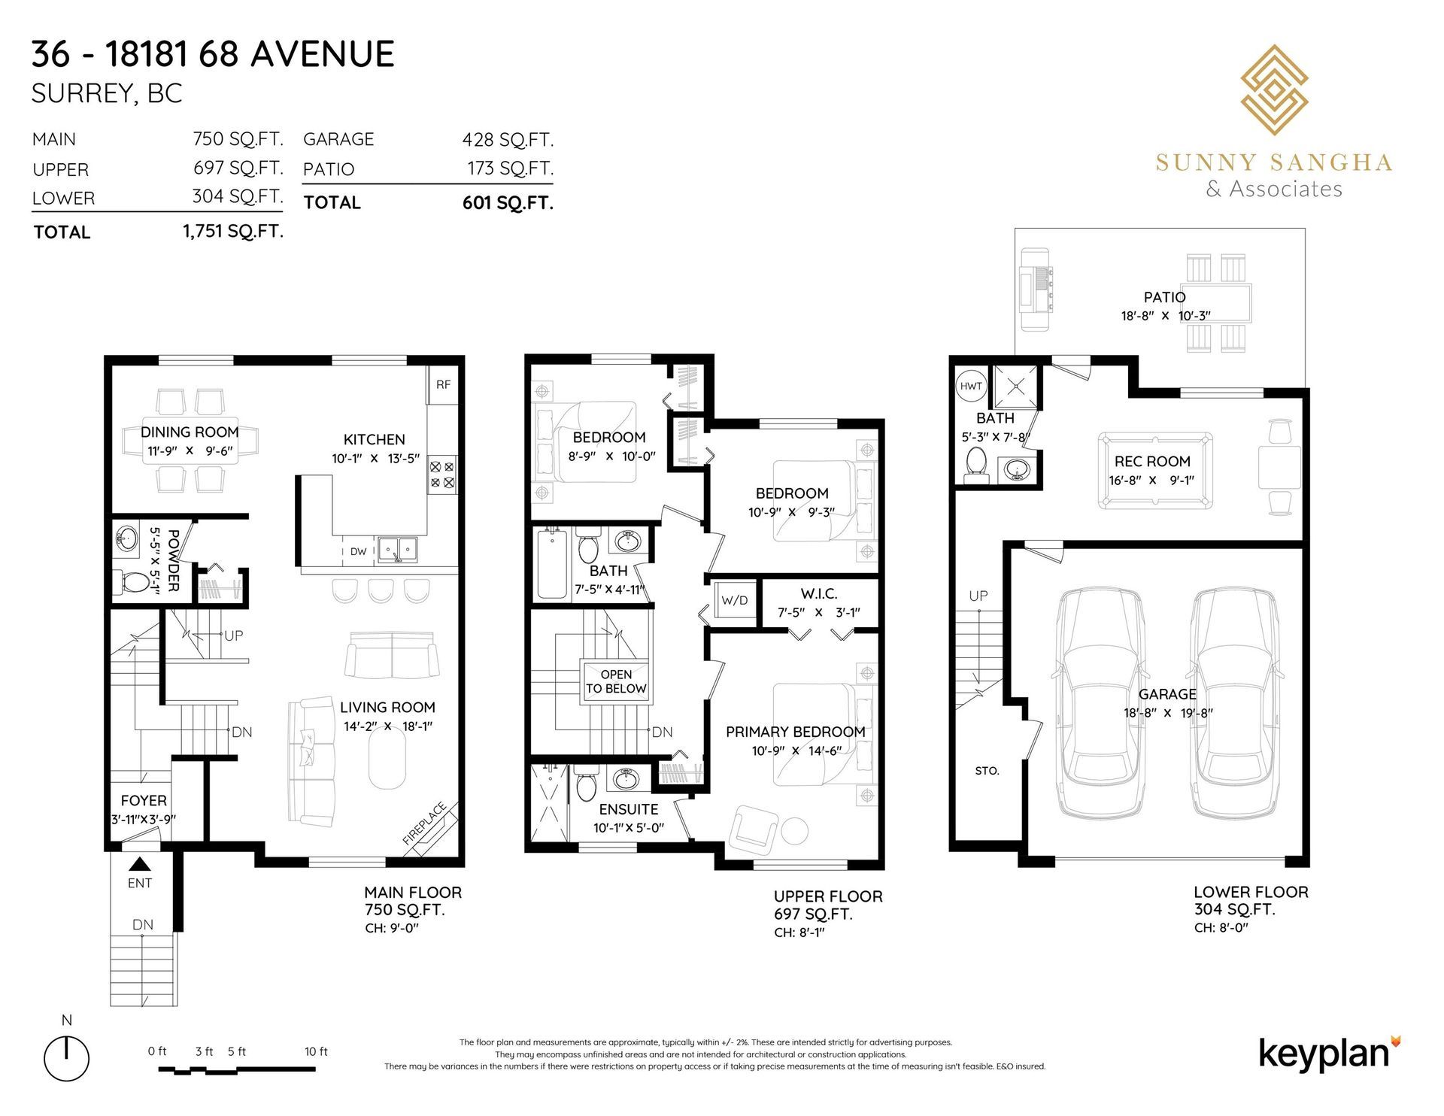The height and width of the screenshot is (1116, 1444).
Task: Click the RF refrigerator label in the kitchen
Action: point(443,384)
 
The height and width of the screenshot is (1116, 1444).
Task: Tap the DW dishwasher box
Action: point(359,551)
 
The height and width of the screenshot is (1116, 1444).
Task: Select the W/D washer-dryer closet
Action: point(735,600)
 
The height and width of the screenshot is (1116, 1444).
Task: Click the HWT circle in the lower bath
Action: point(971,386)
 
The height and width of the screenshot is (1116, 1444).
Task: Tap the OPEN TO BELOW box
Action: point(616,681)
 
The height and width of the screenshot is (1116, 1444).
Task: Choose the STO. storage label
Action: point(987,771)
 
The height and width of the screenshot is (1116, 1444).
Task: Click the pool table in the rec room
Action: point(1154,470)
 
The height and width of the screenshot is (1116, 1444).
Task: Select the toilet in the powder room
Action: point(133,582)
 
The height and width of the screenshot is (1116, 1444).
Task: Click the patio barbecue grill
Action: point(1035,289)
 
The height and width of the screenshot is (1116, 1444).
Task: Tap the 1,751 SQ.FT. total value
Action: point(233,231)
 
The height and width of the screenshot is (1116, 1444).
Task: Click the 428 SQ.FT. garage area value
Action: point(508,139)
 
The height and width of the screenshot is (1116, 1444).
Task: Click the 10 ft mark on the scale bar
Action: point(316,1051)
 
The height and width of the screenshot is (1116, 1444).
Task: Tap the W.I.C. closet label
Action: point(819,594)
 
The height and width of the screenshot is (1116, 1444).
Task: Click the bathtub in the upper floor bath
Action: point(552,563)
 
